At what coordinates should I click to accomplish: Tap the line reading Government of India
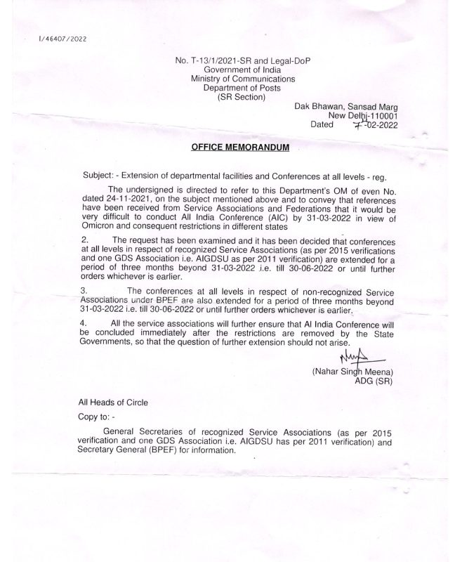click(236, 70)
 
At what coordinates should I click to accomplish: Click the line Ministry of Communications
click(236, 79)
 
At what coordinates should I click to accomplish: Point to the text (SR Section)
click(236, 97)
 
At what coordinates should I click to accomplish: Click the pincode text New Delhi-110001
click(363, 116)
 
